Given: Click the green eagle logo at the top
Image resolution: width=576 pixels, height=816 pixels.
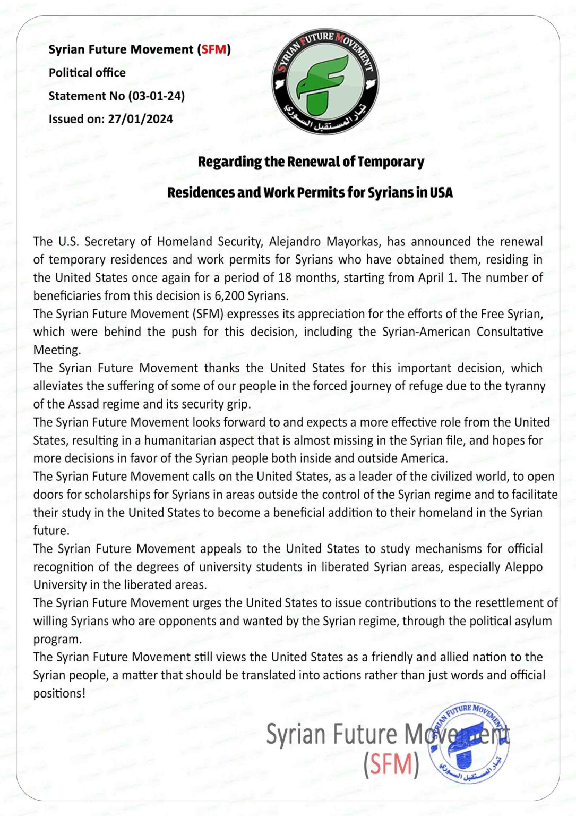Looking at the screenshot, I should pos(325,81).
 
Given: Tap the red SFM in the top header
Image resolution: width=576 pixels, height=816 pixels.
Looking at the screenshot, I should pos(214,49).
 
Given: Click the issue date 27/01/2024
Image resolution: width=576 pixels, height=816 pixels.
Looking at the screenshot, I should pos(140,119).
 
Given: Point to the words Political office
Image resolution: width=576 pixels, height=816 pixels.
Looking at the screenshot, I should pos(87,73).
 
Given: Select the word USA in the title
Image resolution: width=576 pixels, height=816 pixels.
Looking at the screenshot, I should pos(441,192).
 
